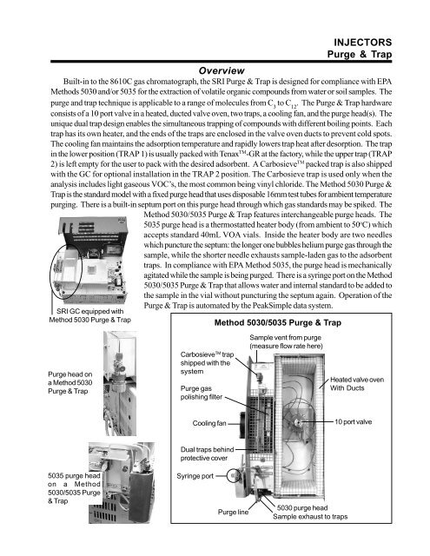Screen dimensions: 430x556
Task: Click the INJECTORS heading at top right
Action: (362, 43)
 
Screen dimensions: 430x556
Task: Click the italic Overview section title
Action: (222, 71)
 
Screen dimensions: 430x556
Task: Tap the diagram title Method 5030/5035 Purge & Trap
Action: (278, 322)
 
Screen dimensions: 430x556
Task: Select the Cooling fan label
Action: (209, 423)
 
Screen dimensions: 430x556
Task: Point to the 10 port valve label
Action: (354, 422)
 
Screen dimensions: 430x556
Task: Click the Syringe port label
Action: (195, 476)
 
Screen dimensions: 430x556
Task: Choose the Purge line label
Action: (233, 512)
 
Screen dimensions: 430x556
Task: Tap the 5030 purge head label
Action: (302, 507)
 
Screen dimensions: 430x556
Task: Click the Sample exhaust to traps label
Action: (310, 517)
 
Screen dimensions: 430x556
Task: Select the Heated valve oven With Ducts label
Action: (357, 384)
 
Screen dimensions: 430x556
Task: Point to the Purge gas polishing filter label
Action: (202, 393)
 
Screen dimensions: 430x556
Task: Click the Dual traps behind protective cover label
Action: (207, 453)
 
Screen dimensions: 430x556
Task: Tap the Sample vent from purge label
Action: (286, 341)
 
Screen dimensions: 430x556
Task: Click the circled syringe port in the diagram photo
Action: (234, 475)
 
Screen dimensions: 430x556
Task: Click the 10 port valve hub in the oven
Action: (297, 422)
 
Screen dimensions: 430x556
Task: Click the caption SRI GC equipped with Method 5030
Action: (90, 315)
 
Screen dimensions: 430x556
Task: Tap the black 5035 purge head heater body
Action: (142, 495)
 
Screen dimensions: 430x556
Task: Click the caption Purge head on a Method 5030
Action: (70, 382)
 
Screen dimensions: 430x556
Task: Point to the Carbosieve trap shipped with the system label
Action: (207, 363)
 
